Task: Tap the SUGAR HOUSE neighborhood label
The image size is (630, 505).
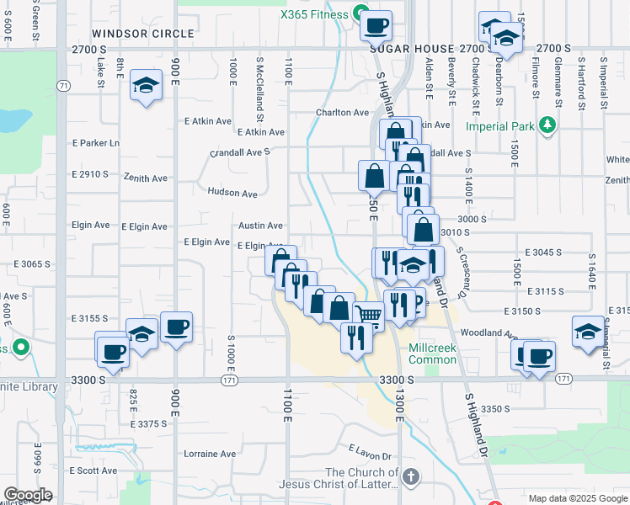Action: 408,50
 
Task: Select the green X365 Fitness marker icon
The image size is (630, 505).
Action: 360,13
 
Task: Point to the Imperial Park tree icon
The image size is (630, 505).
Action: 549,125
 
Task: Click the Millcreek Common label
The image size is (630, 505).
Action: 432,353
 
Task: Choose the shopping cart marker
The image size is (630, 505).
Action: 368,315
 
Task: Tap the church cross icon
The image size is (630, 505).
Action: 410,477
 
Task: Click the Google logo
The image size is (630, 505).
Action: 28,495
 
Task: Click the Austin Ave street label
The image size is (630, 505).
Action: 260,226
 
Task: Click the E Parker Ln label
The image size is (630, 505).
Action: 96,143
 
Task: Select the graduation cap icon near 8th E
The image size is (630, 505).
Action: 147,85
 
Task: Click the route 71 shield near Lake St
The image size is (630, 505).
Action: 64,86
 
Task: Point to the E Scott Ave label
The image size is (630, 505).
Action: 93,470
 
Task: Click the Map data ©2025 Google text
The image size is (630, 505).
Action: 577,498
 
